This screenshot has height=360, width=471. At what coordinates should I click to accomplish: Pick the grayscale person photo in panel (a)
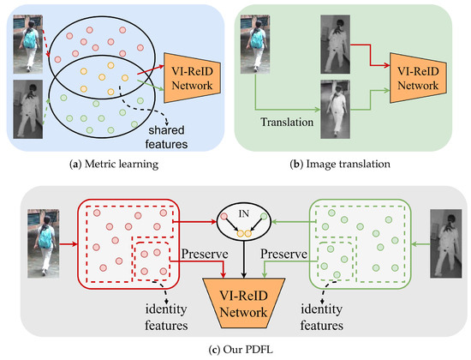pos(26,110)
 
